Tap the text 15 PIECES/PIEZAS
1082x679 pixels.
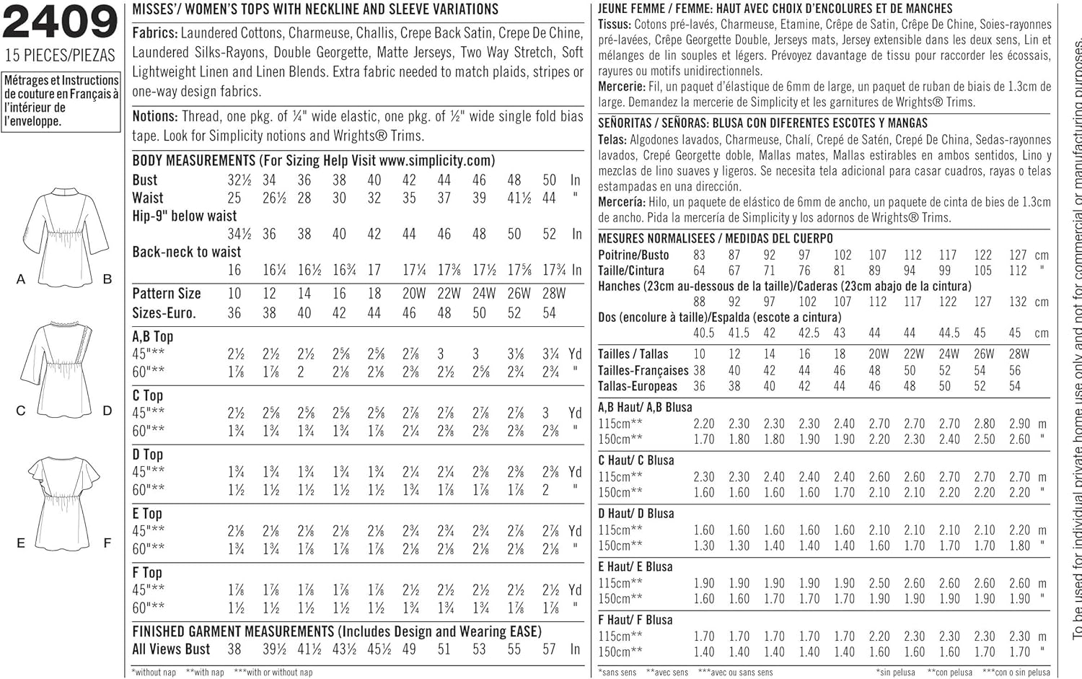point(60,56)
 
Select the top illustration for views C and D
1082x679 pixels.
point(65,368)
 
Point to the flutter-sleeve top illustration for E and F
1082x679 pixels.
point(65,501)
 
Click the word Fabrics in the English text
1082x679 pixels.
point(154,33)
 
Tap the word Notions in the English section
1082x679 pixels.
point(154,116)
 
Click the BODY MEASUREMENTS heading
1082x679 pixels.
point(194,161)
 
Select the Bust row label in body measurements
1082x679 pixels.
point(145,180)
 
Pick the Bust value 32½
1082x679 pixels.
point(239,180)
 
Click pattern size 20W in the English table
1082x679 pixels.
point(414,294)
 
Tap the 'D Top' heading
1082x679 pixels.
point(148,455)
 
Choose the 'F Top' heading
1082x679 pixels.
point(147,573)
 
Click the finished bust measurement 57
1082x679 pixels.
point(549,649)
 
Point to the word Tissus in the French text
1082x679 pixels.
point(614,25)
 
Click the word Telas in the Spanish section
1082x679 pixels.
point(612,140)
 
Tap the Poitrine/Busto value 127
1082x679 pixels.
point(1018,255)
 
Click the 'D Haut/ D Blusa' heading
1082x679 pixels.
point(636,514)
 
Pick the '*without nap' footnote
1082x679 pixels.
point(154,673)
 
